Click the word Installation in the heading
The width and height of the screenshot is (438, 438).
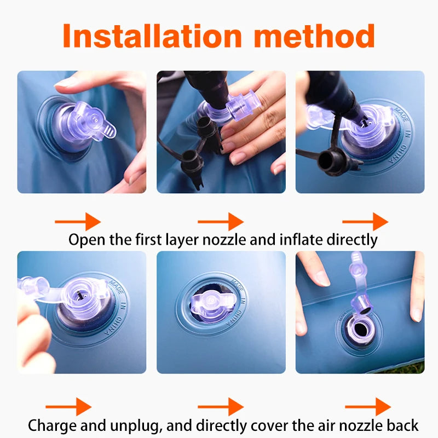tap(152, 36)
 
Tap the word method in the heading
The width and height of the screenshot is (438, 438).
tap(314, 36)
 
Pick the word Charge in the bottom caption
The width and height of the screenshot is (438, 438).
tap(52, 426)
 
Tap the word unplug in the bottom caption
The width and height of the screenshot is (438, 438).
tap(136, 427)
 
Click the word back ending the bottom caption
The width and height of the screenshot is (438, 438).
tap(402, 425)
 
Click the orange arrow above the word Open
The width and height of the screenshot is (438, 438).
tap(78, 222)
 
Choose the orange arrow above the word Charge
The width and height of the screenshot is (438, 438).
tap(69, 407)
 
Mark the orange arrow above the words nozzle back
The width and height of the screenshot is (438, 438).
tap(368, 407)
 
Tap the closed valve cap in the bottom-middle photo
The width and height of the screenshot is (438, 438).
tap(212, 303)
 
